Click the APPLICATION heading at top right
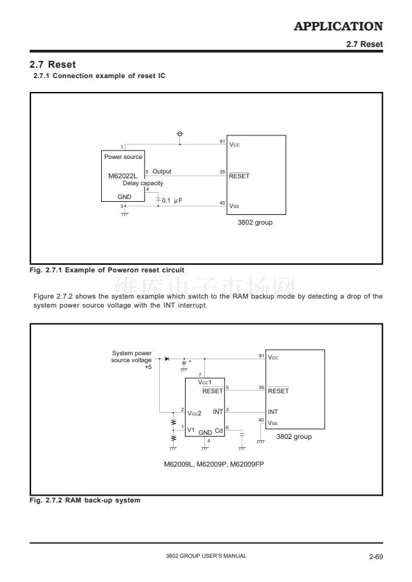click(x=338, y=26)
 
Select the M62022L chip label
click(x=123, y=176)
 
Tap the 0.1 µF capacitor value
click(x=172, y=200)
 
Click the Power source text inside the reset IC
click(x=123, y=157)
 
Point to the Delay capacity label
click(x=143, y=183)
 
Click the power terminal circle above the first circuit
click(x=180, y=133)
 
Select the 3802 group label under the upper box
click(x=255, y=223)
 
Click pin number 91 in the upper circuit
click(x=222, y=142)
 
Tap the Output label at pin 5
click(x=162, y=171)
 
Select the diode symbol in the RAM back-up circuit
click(x=167, y=359)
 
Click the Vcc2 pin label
click(x=194, y=413)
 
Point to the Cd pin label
click(x=219, y=431)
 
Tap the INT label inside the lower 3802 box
click(x=273, y=412)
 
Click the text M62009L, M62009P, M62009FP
click(x=214, y=464)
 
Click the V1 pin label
click(x=190, y=430)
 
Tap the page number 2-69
click(x=376, y=556)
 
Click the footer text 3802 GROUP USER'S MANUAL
click(x=206, y=556)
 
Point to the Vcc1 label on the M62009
click(x=204, y=382)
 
